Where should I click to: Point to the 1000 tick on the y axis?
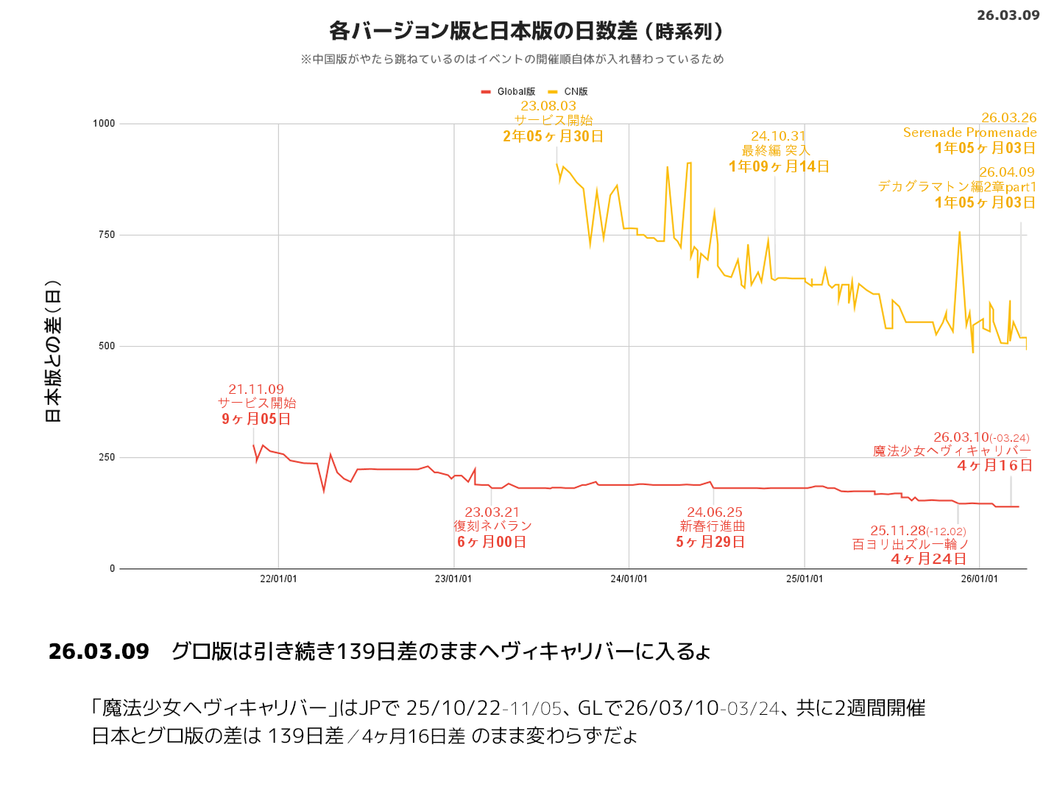104,124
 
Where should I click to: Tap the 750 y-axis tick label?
107,235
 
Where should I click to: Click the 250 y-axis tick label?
107,457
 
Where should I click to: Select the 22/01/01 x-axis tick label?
278,579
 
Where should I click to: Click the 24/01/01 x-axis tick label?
629,579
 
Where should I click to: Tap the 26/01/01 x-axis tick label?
979,579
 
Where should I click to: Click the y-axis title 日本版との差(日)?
53,352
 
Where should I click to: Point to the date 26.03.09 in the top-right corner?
1008,15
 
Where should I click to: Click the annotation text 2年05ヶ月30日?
553,136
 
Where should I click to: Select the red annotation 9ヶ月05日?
256,419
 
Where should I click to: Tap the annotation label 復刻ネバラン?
492,526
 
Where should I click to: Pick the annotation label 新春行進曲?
712,526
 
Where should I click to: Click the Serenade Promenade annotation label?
969,133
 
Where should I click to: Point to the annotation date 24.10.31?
778,136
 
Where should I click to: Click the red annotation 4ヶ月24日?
929,559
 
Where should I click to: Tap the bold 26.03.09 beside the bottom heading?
99,652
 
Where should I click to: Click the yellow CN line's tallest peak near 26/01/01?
959,233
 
